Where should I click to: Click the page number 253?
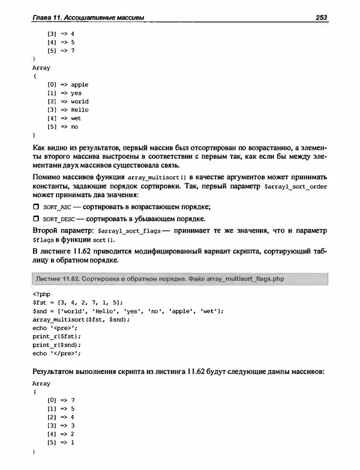(320, 17)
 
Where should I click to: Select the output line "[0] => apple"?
(67, 85)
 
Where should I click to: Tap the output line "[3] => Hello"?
(67, 110)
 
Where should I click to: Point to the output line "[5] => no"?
(63, 126)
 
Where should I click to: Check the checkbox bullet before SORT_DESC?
(35, 218)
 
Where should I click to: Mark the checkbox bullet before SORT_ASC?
(35, 206)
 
